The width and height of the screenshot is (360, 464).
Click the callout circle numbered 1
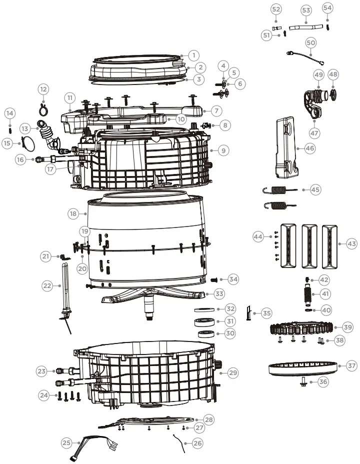194,55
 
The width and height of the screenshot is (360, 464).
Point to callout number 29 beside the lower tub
232,372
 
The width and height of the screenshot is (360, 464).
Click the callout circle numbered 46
310,148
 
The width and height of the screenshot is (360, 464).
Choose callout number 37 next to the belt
352,366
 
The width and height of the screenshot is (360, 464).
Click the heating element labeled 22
64,290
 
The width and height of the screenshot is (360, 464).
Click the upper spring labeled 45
280,189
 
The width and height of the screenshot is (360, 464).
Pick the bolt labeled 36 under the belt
303,382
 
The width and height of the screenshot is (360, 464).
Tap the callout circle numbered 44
258,236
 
